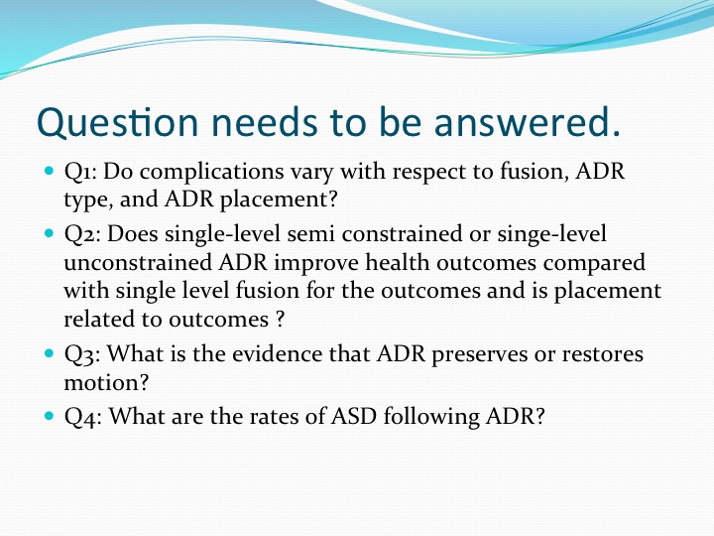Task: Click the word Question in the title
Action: click(117, 122)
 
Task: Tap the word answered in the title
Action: click(528, 122)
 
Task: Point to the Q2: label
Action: click(82, 234)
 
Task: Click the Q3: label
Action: click(82, 354)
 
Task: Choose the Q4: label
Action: click(82, 417)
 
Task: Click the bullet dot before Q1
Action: click(50, 172)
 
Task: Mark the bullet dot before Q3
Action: click(50, 353)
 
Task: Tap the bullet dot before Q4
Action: click(50, 416)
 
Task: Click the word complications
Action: click(212, 173)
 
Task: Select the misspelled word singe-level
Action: click(551, 234)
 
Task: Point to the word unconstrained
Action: click(138, 262)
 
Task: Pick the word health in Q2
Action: click(398, 262)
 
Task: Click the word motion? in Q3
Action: click(106, 382)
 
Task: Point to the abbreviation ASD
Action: click(354, 416)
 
